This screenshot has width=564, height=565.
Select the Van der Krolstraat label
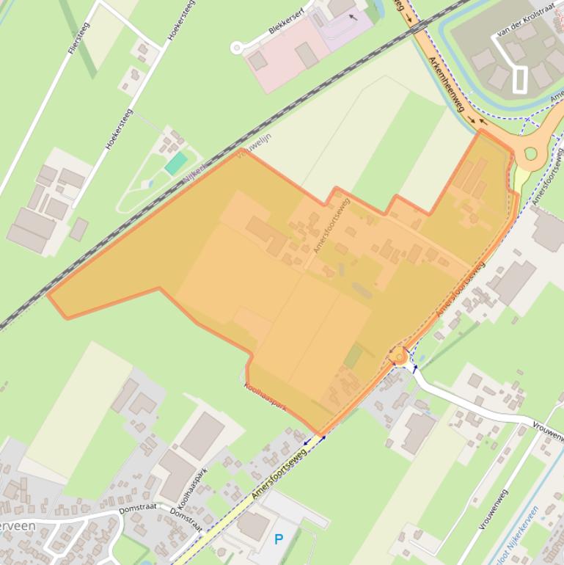524,23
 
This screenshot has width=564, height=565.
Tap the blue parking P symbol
279,539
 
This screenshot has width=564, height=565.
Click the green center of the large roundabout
530,154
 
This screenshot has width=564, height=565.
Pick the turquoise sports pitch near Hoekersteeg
175,163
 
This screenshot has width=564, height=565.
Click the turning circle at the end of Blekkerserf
236,48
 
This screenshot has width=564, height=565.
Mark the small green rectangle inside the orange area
354,357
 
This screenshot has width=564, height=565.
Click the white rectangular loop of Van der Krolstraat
520,79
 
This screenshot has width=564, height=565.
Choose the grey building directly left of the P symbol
253,525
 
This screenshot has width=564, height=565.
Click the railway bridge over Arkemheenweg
418,26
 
